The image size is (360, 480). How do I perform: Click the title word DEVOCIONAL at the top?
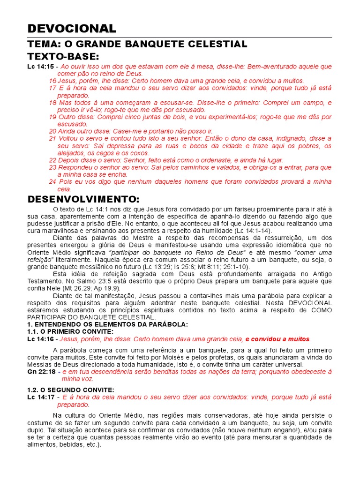click(72, 29)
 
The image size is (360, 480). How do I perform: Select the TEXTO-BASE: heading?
click(63, 57)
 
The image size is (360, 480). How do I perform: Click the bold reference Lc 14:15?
click(40, 67)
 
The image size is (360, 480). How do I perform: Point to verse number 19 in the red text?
click(52, 117)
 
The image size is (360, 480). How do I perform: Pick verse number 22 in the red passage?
click(52, 160)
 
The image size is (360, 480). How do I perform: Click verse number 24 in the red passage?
click(52, 181)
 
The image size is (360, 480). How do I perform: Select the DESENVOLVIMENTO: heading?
click(83, 199)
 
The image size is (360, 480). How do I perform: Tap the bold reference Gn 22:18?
click(41, 371)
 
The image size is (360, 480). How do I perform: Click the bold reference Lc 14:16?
click(40, 339)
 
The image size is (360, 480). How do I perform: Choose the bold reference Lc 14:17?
click(40, 397)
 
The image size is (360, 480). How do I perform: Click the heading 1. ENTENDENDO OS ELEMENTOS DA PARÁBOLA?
click(107, 324)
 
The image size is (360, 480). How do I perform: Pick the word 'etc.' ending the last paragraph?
click(93, 444)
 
